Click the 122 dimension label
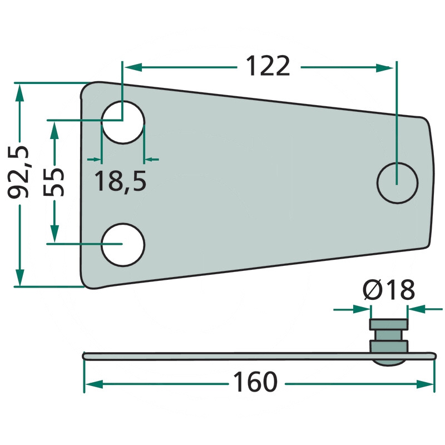(268, 66)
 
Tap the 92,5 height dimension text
(18, 172)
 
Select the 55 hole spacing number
(53, 182)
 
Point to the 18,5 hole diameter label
(120, 181)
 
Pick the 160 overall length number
(255, 382)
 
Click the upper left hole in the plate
(123, 122)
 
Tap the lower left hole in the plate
(123, 245)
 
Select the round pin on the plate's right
(397, 183)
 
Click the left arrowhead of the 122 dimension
(133, 67)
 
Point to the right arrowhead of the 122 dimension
(384, 68)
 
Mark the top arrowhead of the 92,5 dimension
(19, 92)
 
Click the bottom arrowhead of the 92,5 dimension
(19, 277)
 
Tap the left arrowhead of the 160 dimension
(94, 384)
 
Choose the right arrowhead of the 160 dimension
(425, 384)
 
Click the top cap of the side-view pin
(389, 324)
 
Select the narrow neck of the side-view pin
(389, 335)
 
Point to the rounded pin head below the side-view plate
(389, 363)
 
